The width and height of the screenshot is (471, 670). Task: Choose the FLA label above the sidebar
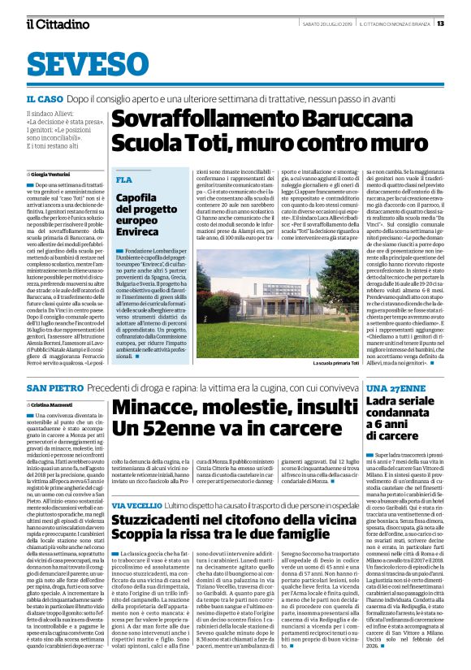(x=124, y=179)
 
